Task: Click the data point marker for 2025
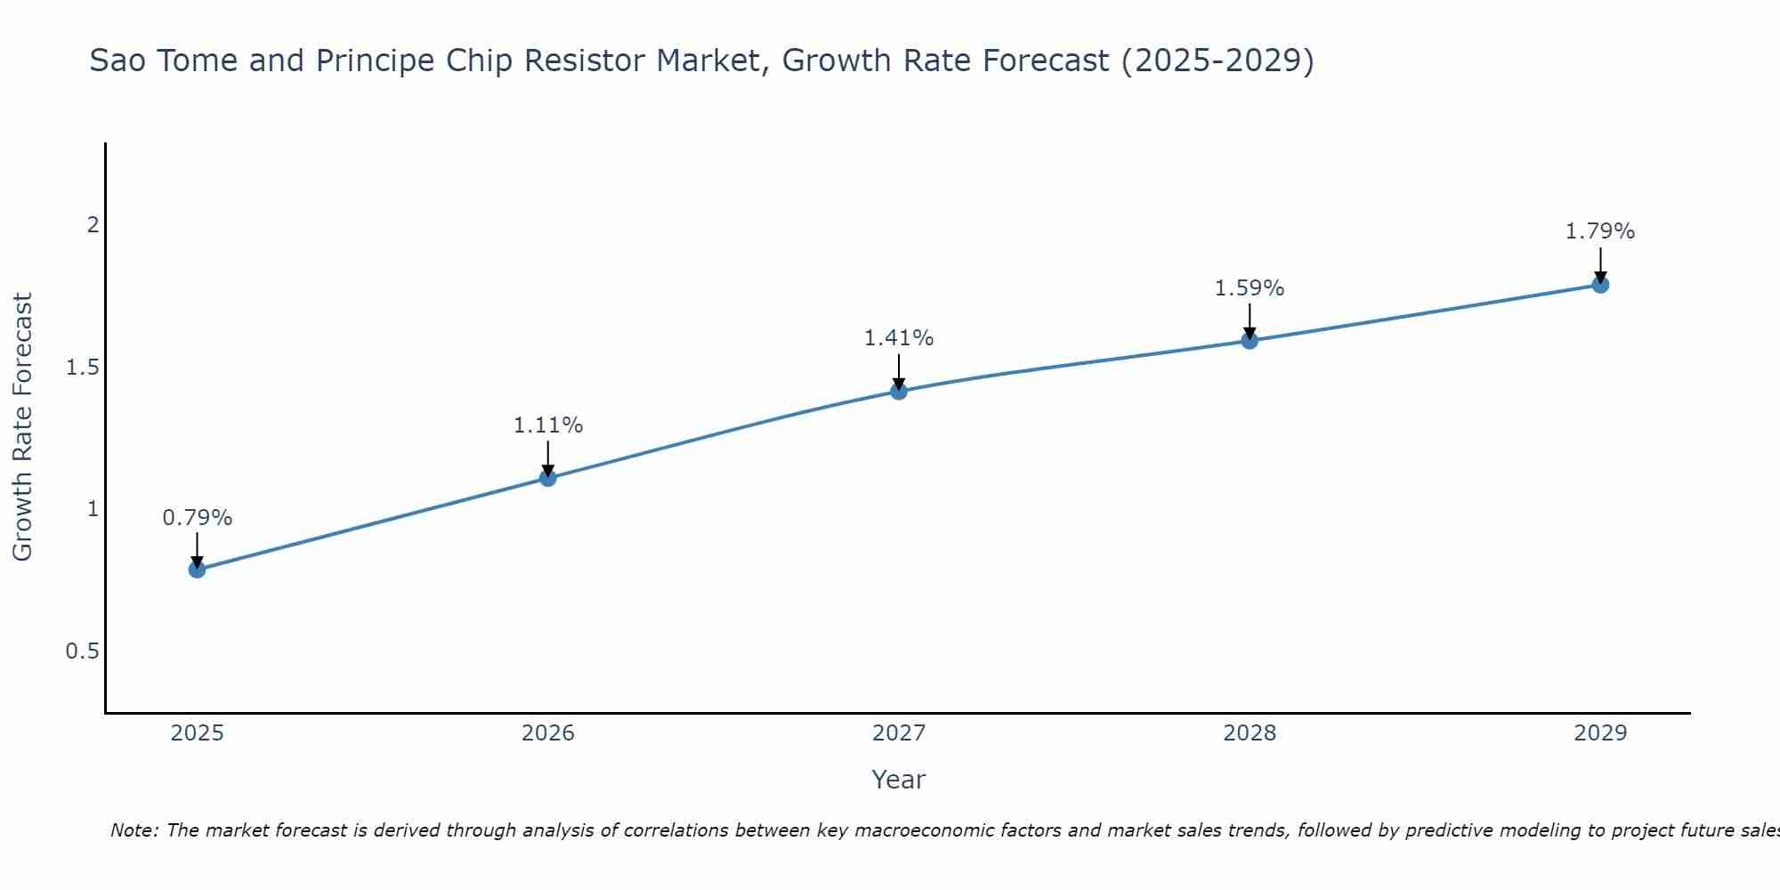pos(197,570)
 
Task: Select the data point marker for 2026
pos(547,478)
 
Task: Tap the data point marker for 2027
pos(899,391)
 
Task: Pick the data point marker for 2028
pos(1250,340)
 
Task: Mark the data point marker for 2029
pos(1600,285)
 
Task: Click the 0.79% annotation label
pos(197,518)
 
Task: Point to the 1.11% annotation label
pos(547,425)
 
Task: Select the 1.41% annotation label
pos(899,338)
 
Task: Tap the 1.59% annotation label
pos(1250,288)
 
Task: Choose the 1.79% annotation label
pos(1600,231)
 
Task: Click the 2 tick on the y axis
pos(92,225)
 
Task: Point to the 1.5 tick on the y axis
pos(82,368)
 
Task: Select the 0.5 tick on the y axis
pos(82,651)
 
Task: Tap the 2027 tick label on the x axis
pos(899,733)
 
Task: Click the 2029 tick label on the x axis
pos(1600,733)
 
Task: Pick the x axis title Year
pos(899,780)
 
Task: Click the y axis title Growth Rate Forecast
pos(22,427)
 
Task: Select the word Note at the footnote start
pos(133,830)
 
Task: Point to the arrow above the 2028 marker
pos(1250,320)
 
